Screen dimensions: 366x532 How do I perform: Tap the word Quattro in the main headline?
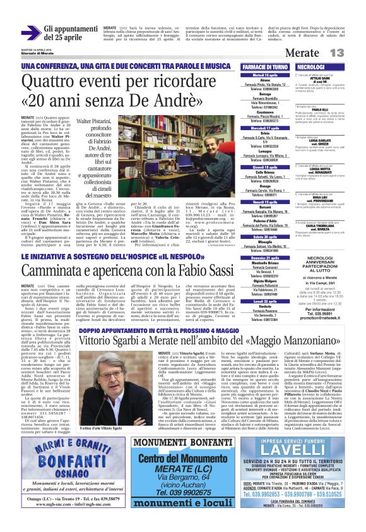(x=50, y=83)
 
